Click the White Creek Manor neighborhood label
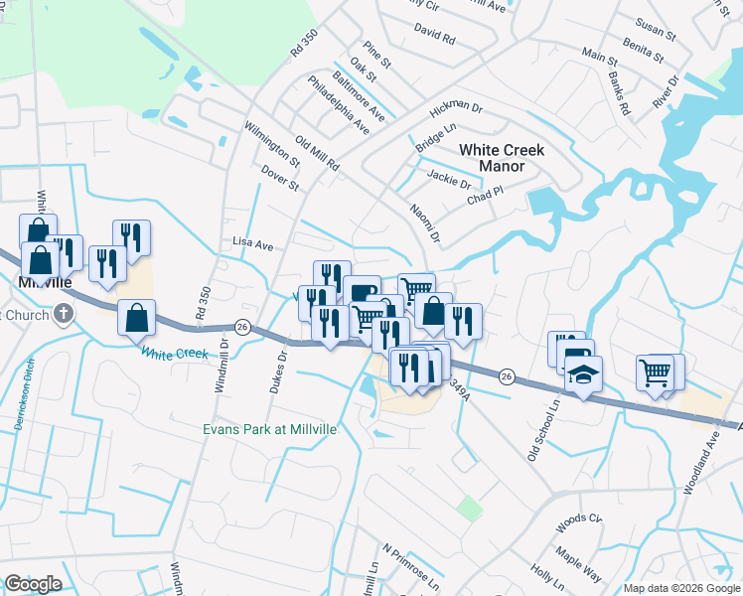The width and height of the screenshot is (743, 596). [502, 158]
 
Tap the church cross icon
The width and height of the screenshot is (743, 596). [64, 315]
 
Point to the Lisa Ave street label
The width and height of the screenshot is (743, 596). [252, 243]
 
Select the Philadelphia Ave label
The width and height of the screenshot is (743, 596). [339, 104]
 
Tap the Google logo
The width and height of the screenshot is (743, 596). [33, 584]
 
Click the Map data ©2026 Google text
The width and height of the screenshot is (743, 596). [680, 588]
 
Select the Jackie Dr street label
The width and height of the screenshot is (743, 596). [449, 181]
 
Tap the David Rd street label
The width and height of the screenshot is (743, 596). [434, 36]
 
